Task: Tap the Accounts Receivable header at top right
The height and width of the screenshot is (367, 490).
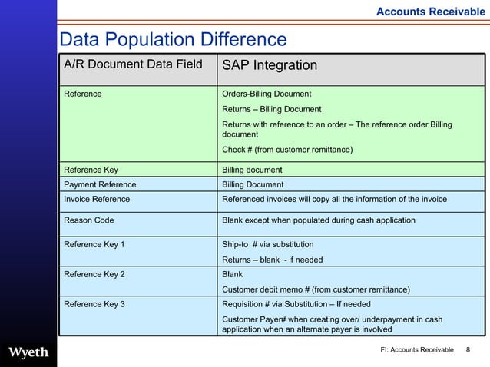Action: pyautogui.click(x=430, y=12)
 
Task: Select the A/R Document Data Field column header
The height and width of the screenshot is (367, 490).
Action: pyautogui.click(x=133, y=64)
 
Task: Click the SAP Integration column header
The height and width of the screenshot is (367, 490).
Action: pyautogui.click(x=270, y=65)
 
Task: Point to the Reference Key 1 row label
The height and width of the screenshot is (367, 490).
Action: pyautogui.click(x=94, y=244)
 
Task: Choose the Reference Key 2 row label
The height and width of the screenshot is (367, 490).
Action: pyautogui.click(x=94, y=273)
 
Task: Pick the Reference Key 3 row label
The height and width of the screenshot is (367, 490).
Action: pyautogui.click(x=94, y=304)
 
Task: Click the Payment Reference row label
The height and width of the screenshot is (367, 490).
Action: pyautogui.click(x=100, y=184)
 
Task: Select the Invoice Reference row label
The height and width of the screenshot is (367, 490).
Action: pyautogui.click(x=97, y=199)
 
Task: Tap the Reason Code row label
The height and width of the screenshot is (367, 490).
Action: pyautogui.click(x=88, y=220)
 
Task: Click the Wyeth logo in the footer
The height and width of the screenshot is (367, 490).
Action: pyautogui.click(x=28, y=352)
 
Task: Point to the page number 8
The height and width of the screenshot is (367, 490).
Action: pyautogui.click(x=468, y=351)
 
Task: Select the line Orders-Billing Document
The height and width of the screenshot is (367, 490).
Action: pyautogui.click(x=267, y=94)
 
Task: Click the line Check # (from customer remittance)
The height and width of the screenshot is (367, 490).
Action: pyautogui.click(x=287, y=149)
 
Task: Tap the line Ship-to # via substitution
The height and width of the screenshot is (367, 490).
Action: pyautogui.click(x=267, y=244)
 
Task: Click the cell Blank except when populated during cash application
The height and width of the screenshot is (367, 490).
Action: pyautogui.click(x=318, y=220)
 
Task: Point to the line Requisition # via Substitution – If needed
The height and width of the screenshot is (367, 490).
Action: pyautogui.click(x=296, y=304)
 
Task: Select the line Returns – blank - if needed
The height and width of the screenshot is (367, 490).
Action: pyautogui.click(x=272, y=260)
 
